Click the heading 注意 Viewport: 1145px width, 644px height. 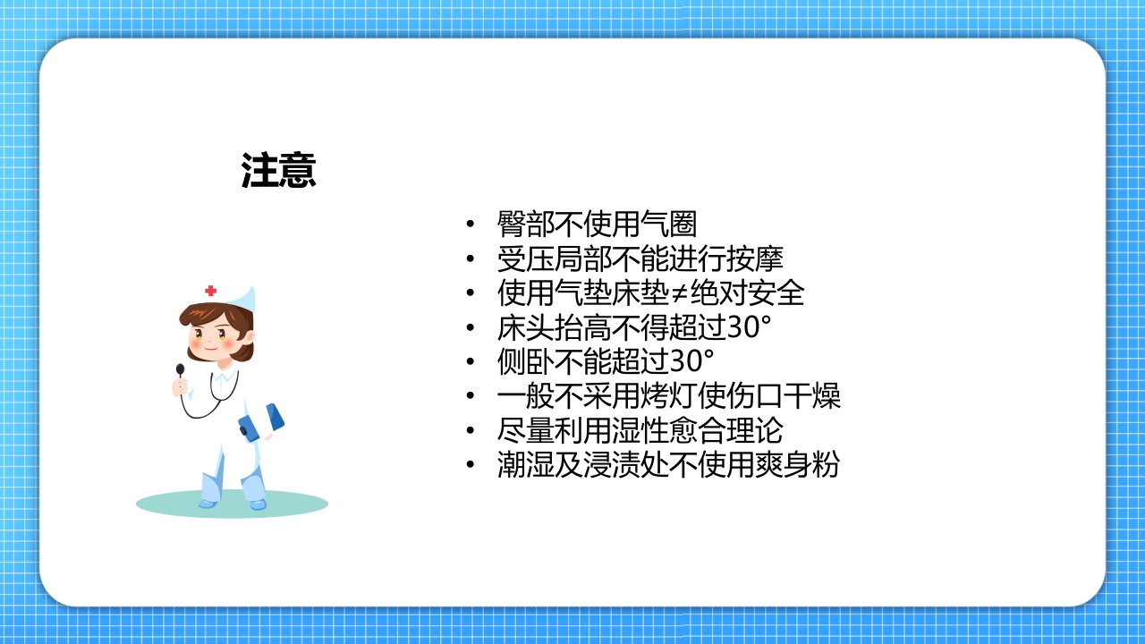pos(278,171)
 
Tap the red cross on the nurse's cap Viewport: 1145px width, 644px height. pos(210,291)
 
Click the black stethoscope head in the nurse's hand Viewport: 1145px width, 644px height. pos(180,369)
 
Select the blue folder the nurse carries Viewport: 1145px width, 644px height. pos(262,421)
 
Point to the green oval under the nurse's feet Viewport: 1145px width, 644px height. pos(232,504)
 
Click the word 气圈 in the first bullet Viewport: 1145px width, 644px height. pos(669,225)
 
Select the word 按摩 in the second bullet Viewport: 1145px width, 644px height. pos(756,259)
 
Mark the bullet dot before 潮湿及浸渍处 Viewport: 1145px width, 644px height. pos(471,465)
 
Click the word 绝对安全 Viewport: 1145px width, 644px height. pos(749,293)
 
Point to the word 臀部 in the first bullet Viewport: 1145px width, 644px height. pos(525,225)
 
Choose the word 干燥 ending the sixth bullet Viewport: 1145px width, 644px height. pos(812,396)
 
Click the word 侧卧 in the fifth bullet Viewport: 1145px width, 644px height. pos(525,361)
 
